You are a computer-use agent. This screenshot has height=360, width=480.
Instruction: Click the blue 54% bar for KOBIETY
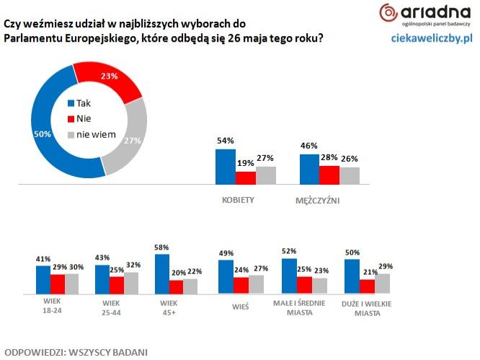click(x=226, y=167)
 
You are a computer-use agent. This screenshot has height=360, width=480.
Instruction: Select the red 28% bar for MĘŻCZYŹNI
click(x=329, y=176)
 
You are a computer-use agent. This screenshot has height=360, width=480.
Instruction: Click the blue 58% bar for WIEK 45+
click(x=162, y=275)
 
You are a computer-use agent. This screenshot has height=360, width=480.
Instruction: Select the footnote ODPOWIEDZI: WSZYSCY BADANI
click(x=76, y=352)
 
